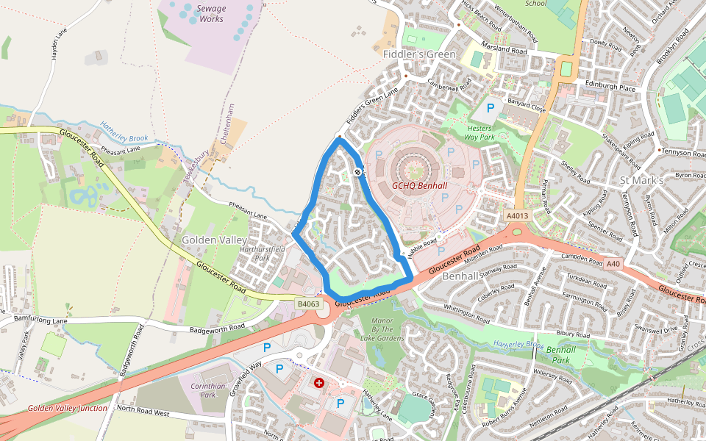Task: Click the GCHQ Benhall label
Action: [420, 186]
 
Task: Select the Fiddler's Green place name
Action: [419, 54]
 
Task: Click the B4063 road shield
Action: [309, 304]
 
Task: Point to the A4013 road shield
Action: [518, 215]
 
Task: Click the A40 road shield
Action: [613, 263]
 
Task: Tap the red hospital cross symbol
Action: [319, 383]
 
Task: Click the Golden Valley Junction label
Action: [68, 407]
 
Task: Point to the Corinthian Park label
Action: [207, 390]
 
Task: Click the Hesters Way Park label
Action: [484, 132]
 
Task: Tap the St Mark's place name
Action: [641, 180]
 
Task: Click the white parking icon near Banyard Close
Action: [489, 108]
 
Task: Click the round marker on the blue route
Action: [357, 172]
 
